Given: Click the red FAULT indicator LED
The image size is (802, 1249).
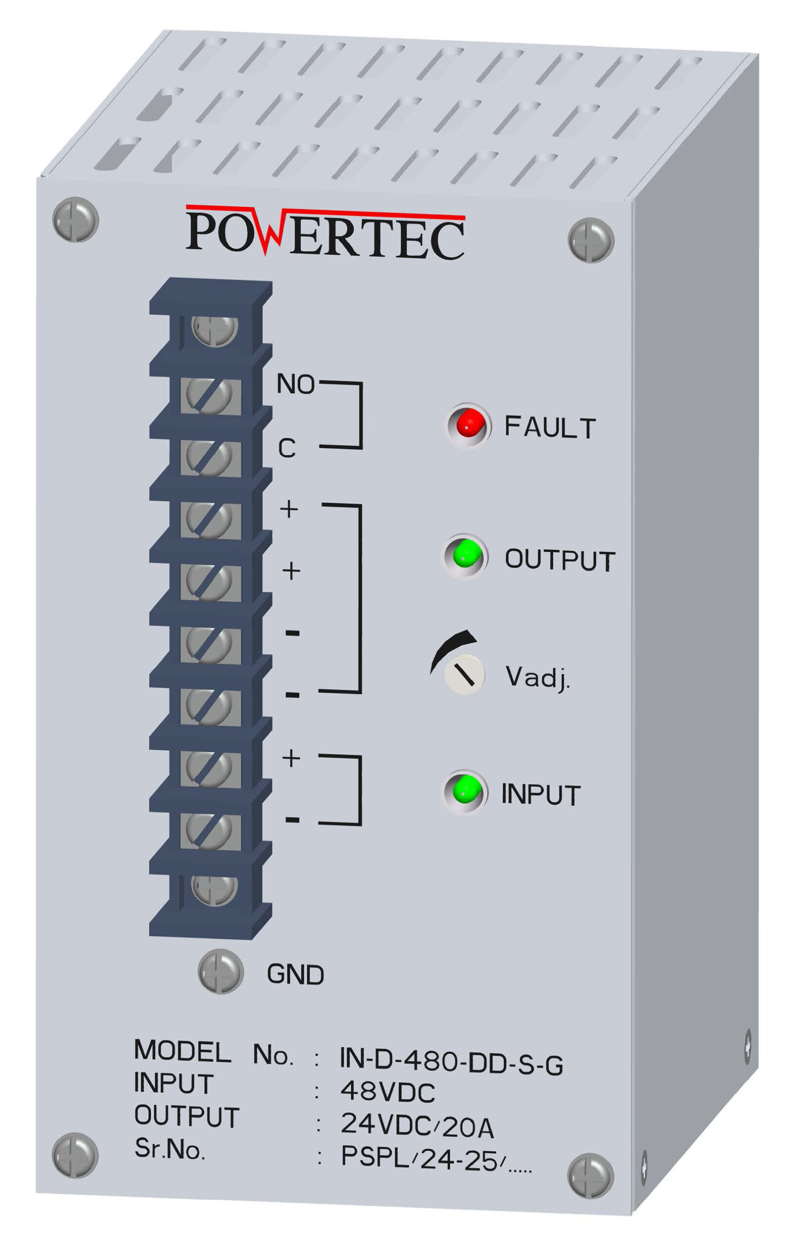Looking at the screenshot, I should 468,424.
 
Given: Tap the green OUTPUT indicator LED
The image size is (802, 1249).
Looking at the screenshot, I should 465,555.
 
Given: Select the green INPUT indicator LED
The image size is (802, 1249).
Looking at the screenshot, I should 465,791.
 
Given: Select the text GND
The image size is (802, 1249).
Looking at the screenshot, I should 295,974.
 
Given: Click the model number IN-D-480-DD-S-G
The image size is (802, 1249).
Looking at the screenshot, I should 451,1062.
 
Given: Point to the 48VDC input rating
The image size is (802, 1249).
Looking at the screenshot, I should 387,1092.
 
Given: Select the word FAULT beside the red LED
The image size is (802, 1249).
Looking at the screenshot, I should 550,427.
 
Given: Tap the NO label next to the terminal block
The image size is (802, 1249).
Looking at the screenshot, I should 295,384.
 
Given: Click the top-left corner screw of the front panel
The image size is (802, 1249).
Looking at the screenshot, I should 76,219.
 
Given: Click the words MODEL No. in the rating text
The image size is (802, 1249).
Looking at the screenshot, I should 214,1052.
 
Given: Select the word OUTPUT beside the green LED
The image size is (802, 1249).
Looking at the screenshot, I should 560,560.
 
